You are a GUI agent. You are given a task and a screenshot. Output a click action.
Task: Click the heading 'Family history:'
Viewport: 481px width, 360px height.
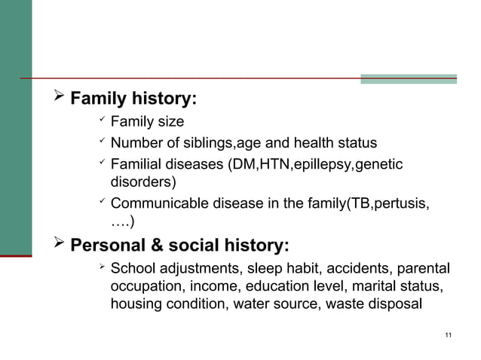click(133, 99)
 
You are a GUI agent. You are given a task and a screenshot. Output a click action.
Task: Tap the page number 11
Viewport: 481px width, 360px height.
click(449, 334)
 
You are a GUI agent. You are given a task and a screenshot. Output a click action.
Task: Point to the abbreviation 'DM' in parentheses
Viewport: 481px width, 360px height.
click(240, 164)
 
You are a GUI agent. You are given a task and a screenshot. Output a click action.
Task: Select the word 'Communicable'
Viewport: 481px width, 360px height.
click(155, 203)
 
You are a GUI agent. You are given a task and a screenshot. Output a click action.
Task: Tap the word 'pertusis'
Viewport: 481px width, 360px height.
click(403, 203)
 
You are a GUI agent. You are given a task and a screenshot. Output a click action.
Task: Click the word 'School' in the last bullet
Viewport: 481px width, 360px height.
click(133, 269)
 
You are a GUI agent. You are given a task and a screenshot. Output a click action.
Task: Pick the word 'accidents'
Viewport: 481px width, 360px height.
click(343, 269)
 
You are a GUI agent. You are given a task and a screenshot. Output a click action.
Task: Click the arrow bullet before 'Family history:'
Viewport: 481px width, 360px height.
click(55, 98)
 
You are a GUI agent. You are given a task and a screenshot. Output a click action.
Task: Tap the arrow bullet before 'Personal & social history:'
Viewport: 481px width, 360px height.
click(55, 246)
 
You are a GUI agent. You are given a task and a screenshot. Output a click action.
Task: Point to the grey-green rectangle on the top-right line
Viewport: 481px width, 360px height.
click(408, 78)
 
